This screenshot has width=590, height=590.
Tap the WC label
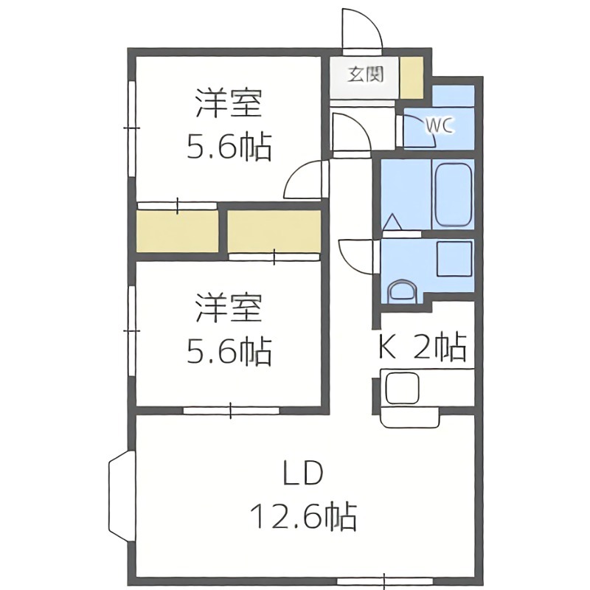coord(439,125)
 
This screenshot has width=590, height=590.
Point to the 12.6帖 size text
coord(303,516)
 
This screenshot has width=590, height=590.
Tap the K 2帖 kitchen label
coord(422,347)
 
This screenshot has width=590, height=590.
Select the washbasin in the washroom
coord(403,290)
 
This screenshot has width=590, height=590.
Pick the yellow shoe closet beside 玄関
coord(412,77)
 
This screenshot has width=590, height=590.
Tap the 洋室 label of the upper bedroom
coord(229,103)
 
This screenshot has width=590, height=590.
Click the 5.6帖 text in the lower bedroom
coord(229,353)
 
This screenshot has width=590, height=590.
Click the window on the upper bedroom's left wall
coord(132,128)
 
